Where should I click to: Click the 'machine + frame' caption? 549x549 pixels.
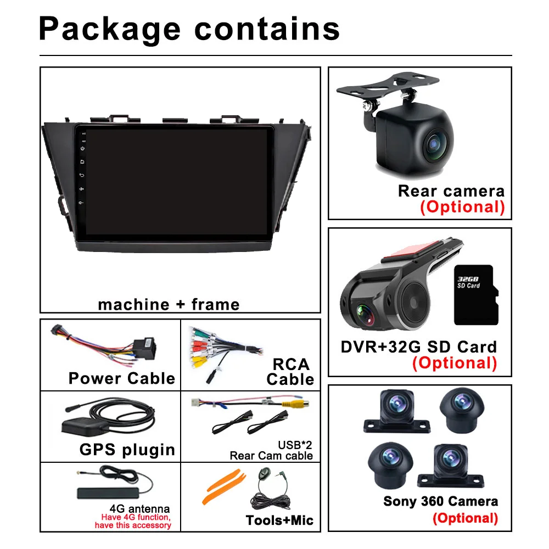tap(169, 304)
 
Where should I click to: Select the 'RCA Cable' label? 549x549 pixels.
tap(290, 372)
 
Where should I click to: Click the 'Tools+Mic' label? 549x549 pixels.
tap(280, 520)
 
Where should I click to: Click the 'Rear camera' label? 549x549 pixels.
tap(451, 191)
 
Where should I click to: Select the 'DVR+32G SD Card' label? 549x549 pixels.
tap(419, 346)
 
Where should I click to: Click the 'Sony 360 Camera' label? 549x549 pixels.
tap(441, 501)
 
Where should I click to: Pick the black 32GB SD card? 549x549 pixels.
tap(476, 294)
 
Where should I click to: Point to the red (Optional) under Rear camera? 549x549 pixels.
tap(462, 206)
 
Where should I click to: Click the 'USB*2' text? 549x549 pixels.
tap(299, 445)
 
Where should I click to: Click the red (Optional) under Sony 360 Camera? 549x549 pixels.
tap(465, 518)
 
